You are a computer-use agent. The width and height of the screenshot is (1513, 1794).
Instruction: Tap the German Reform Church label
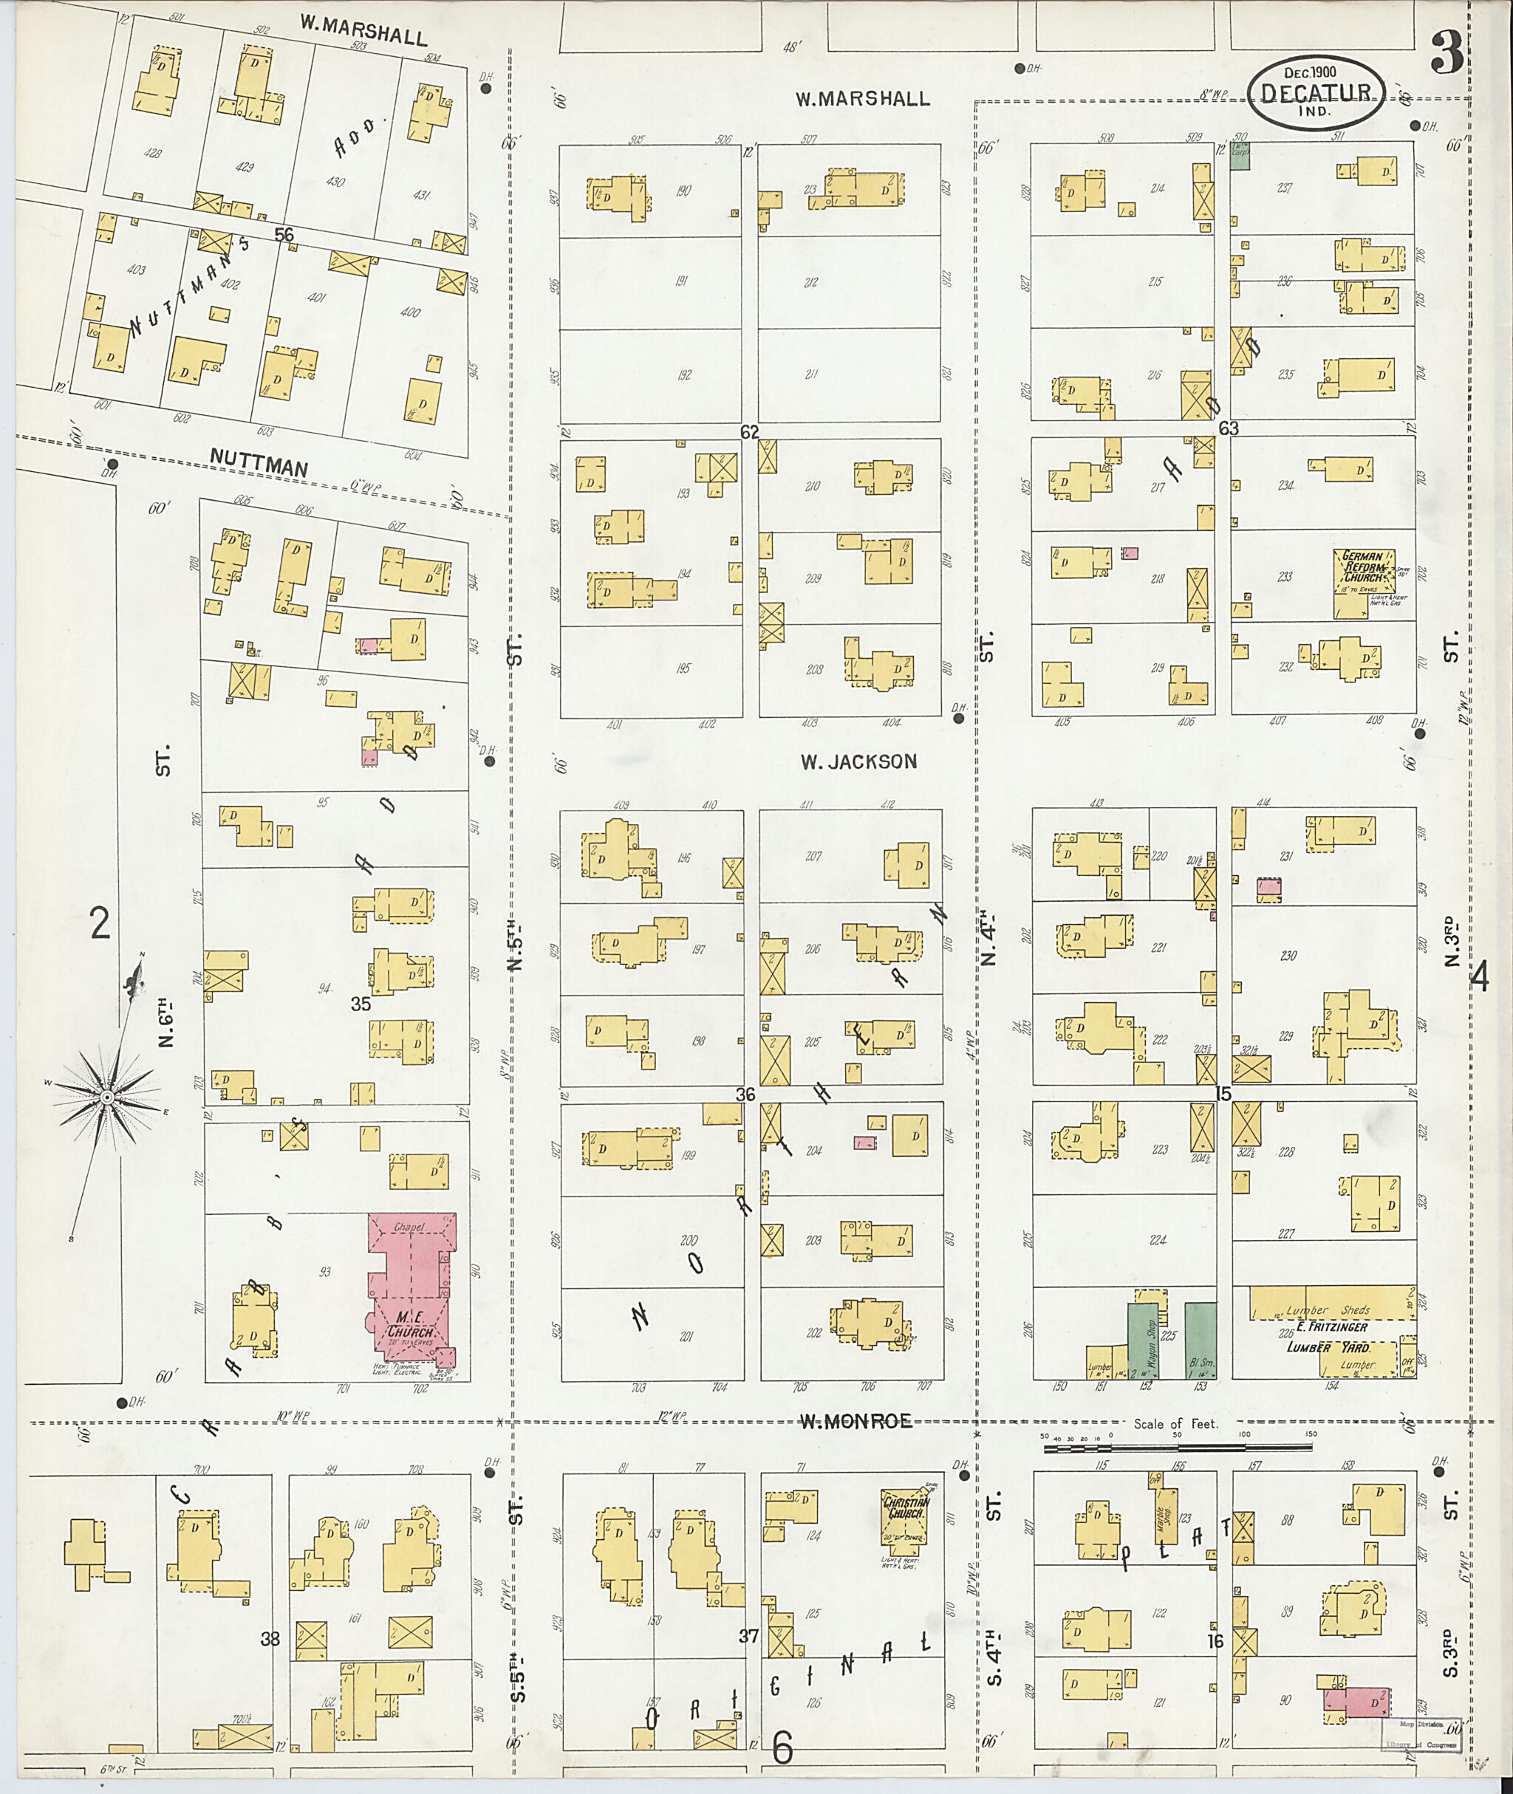(1363, 566)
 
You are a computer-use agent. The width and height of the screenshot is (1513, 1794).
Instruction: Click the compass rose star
(107, 1098)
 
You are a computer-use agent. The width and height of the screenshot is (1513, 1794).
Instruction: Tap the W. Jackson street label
(858, 761)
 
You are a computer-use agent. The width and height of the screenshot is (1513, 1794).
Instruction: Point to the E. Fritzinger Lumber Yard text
(1332, 1337)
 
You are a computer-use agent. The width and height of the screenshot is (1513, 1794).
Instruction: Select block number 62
(750, 432)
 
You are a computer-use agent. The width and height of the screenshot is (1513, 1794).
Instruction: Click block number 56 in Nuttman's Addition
(284, 234)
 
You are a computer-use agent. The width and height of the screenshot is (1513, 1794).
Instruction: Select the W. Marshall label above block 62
(862, 100)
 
